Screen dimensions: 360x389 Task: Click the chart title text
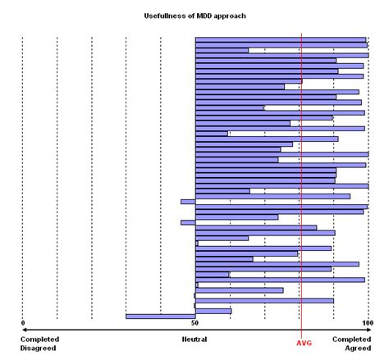click(x=194, y=16)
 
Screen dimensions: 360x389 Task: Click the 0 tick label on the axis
click(x=23, y=322)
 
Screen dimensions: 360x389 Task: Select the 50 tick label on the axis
click(x=195, y=322)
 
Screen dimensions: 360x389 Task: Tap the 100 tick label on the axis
click(x=367, y=322)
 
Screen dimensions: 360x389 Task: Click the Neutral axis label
click(x=194, y=338)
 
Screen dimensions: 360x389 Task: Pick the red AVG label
click(x=303, y=343)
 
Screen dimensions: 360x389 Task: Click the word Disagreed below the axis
click(x=39, y=347)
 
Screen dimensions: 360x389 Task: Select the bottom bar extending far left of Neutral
click(x=160, y=316)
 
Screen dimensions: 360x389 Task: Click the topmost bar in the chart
click(x=280, y=39)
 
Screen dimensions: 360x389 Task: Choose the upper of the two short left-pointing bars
click(x=188, y=201)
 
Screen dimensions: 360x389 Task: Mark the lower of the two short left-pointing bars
click(x=188, y=222)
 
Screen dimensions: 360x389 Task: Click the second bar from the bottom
click(x=213, y=310)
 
